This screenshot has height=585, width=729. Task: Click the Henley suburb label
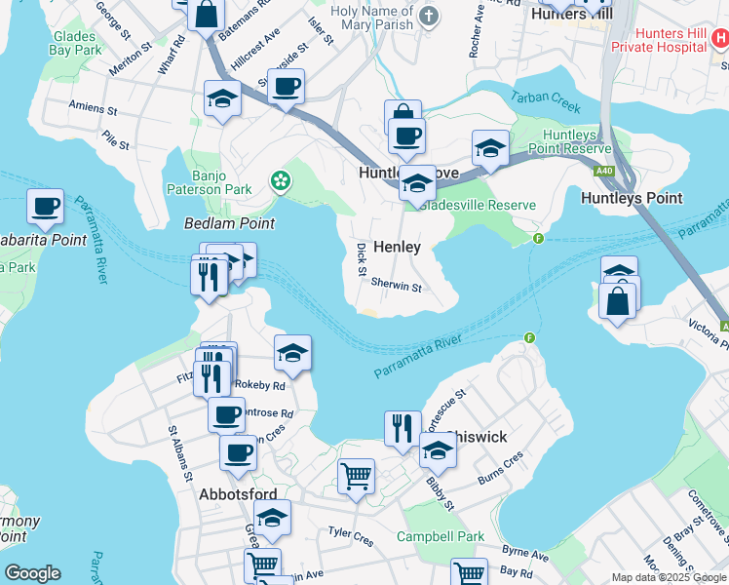(397, 247)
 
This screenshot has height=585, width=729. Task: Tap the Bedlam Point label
(229, 223)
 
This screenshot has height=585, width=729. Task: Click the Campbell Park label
(441, 536)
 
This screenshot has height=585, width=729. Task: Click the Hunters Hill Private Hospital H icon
(720, 39)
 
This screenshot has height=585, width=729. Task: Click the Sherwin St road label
(396, 287)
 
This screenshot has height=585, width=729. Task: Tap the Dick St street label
(362, 258)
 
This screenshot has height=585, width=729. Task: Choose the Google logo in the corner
(32, 573)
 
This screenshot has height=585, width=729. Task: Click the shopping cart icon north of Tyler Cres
(356, 477)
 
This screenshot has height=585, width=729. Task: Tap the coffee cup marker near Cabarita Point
(45, 206)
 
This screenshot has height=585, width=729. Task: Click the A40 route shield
(604, 168)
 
